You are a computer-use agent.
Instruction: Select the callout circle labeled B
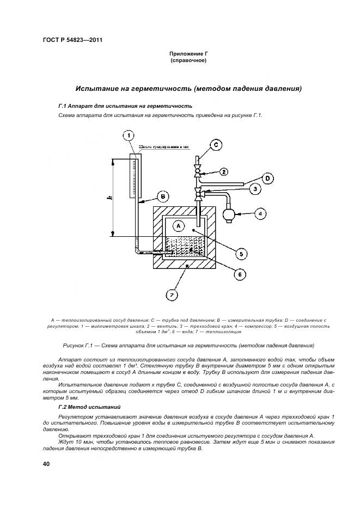[x=162, y=196]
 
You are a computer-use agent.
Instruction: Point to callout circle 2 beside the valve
[x=223, y=171]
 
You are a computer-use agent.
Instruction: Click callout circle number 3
[x=254, y=189]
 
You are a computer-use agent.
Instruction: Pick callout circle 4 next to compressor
[x=260, y=214]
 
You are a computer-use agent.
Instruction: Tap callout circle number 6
[x=237, y=274]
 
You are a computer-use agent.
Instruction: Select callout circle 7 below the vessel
[x=171, y=295]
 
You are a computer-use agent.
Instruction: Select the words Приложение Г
[x=188, y=54]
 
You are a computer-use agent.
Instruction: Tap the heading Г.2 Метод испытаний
[x=89, y=407]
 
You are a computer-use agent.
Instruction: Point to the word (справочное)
[x=188, y=60]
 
